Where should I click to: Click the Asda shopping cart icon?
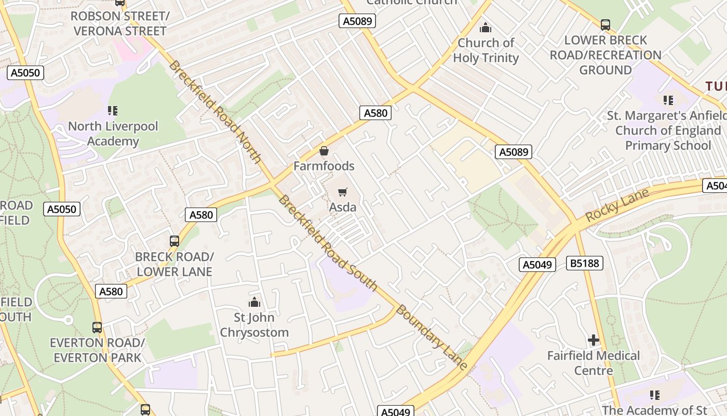click(342, 192)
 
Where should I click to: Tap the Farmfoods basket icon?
click(324, 151)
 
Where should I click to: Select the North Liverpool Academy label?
click(113, 134)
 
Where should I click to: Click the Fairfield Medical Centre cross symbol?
click(594, 341)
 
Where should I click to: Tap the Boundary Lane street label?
click(432, 337)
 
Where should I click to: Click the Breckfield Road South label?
click(328, 243)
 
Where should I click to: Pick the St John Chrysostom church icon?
click(254, 302)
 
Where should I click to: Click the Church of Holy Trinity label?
click(486, 50)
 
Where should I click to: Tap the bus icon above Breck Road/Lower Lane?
click(174, 241)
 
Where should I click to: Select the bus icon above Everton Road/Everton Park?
click(97, 328)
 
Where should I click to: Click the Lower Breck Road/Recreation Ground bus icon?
click(605, 24)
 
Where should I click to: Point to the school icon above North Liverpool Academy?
click(113, 110)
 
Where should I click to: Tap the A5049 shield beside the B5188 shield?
click(537, 265)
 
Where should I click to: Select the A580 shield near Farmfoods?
click(375, 113)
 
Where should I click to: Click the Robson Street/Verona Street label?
click(120, 23)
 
